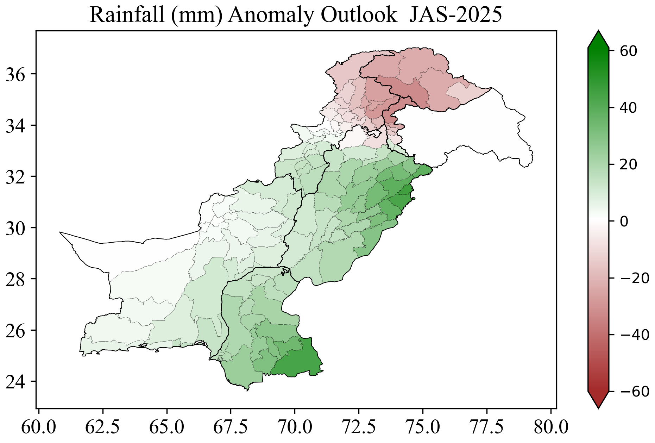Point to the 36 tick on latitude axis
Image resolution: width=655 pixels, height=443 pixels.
(x=16, y=75)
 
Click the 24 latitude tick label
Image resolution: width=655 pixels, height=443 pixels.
(x=16, y=382)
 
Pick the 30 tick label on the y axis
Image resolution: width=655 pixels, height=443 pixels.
(x=16, y=228)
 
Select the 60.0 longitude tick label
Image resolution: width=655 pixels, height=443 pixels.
(x=39, y=428)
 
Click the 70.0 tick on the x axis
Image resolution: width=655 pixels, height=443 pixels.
(x=295, y=428)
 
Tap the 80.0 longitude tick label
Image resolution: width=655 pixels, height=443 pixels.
(x=551, y=428)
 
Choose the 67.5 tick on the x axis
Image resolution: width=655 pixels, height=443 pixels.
(x=231, y=428)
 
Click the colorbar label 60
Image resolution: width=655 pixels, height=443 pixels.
(x=628, y=51)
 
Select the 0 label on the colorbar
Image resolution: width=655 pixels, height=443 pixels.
(x=624, y=221)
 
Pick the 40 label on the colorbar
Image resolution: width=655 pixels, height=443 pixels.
(x=628, y=108)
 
